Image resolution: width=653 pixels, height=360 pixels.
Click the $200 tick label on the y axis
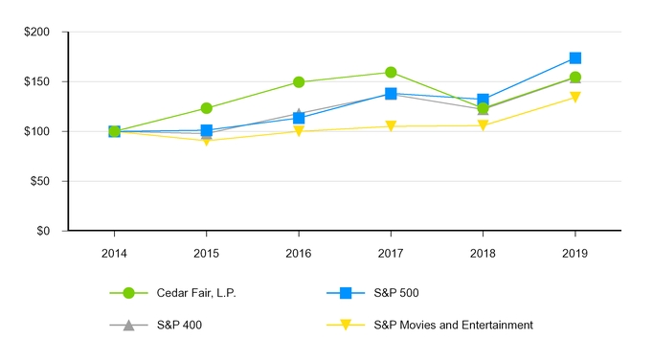pos(39,32)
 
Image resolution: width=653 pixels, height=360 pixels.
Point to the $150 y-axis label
pos(39,81)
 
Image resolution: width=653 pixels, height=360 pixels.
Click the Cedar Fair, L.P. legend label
pos(197,293)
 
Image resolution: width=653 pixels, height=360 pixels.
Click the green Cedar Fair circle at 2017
pos(391,73)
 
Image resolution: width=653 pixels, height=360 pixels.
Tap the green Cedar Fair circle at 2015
pos(207,108)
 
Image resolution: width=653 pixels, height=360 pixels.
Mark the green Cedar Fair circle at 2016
pos(299,82)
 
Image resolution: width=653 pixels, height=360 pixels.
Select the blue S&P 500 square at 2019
pos(574,58)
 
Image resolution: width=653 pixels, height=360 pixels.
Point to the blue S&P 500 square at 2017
pos(391,94)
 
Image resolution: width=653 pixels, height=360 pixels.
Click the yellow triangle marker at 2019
pos(574,98)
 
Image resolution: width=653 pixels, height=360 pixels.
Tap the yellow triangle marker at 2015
pos(207,141)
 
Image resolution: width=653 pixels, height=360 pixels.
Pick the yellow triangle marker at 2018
pos(483,125)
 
